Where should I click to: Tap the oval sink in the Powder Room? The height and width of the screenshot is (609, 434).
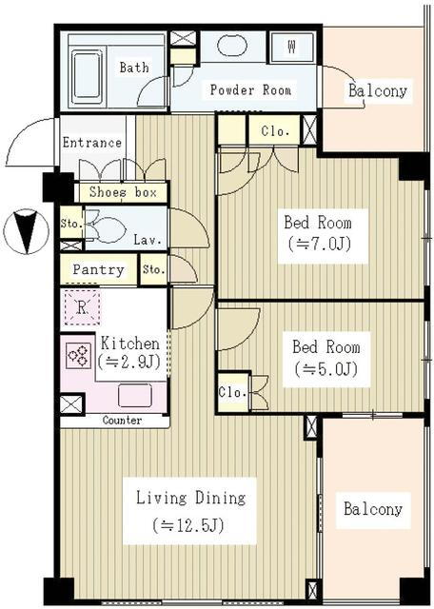coord(232,46)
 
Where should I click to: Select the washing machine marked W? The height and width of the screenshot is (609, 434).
coord(292,47)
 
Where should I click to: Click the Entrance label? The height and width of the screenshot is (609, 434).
coord(92,143)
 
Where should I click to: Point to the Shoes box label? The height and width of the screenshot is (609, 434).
coord(123,192)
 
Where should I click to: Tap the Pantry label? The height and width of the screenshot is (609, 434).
coord(98,269)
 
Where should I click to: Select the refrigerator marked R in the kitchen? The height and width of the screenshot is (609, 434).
coord(82,307)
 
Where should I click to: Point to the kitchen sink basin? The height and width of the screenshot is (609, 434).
coord(134,396)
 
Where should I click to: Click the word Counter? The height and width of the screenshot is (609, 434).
coord(122,421)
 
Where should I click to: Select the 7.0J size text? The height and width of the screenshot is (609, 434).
coord(320,245)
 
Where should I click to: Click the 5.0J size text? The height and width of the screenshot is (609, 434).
coord(325,368)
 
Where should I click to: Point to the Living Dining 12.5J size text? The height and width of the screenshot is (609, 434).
coord(188,526)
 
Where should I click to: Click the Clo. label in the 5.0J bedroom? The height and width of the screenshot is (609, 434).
coord(233,391)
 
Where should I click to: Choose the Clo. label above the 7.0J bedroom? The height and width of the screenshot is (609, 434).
coord(275,131)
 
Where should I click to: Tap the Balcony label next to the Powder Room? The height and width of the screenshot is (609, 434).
coord(378,91)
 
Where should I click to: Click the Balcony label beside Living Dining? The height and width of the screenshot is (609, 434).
coord(373,509)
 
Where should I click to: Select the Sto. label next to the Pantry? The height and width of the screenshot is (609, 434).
coord(154,269)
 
